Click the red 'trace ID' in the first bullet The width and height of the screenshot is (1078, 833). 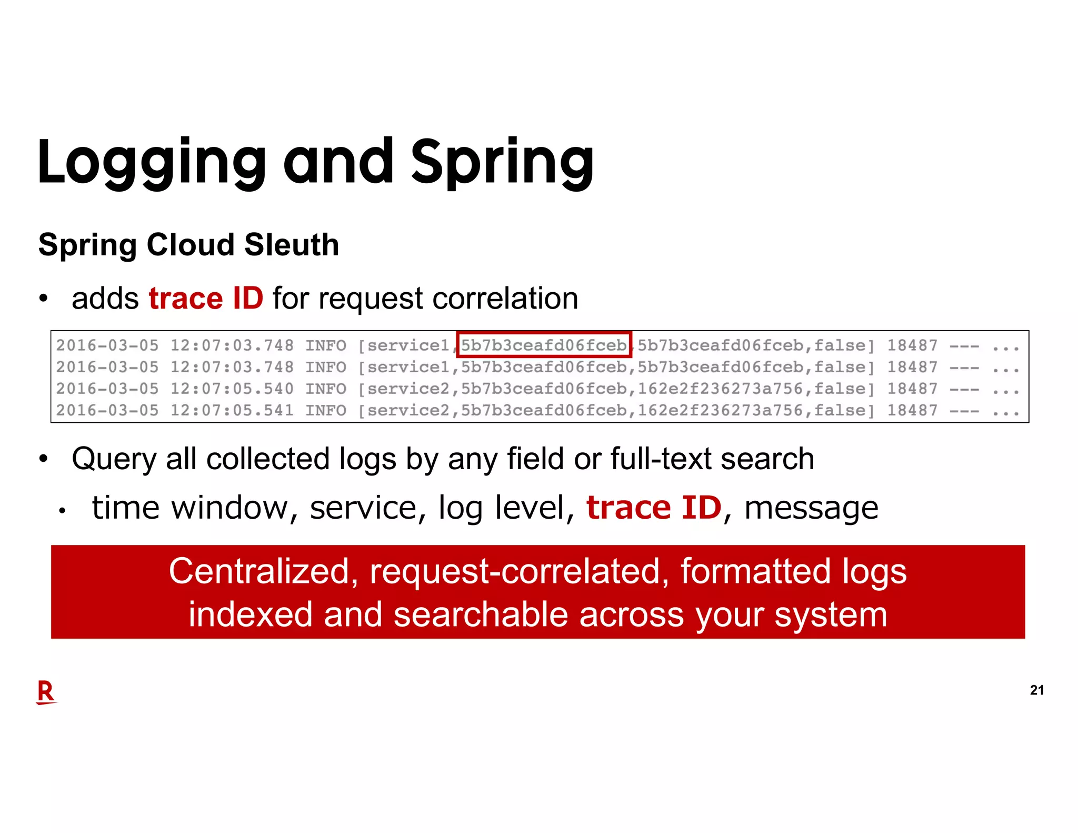click(x=206, y=298)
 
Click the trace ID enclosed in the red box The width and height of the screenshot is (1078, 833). click(x=544, y=345)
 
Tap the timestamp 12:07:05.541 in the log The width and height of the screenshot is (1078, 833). click(x=232, y=410)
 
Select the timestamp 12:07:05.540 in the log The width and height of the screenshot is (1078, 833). click(x=232, y=389)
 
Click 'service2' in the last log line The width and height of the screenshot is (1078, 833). click(x=408, y=410)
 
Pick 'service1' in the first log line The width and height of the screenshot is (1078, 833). click(x=408, y=345)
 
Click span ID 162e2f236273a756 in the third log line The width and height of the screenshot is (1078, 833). click(x=720, y=389)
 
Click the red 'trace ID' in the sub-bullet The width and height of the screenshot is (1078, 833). click(x=654, y=508)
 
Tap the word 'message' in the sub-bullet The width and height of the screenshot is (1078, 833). click(x=811, y=508)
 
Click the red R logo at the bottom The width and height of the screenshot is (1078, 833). click(x=46, y=692)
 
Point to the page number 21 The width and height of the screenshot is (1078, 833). click(x=1036, y=690)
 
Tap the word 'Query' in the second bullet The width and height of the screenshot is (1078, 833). click(x=114, y=459)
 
